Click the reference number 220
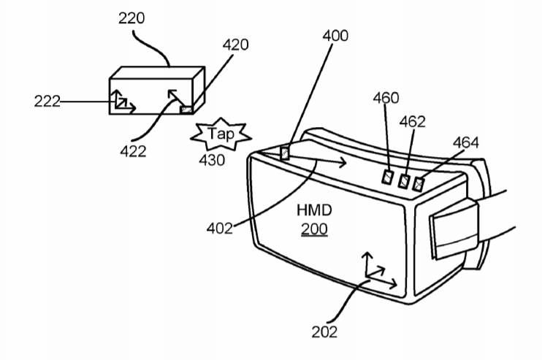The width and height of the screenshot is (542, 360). (131, 18)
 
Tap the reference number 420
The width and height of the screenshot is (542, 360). (235, 45)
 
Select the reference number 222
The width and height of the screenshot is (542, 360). (47, 102)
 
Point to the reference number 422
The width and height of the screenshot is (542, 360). (133, 151)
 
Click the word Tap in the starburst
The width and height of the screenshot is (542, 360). (221, 134)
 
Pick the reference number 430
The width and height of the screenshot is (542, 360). (212, 161)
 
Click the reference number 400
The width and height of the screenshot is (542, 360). (335, 36)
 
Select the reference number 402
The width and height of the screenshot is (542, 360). (219, 229)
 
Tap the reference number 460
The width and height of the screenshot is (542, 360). (386, 98)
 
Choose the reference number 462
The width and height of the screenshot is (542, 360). (413, 122)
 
